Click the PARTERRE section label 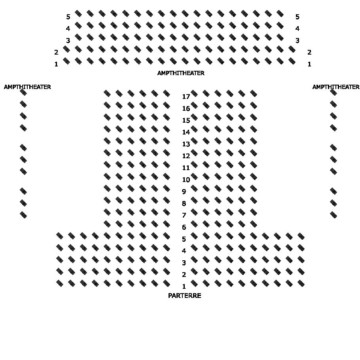184,296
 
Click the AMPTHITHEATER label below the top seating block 181,73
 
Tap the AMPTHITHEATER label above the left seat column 27,87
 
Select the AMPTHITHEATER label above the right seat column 336,87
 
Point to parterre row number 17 186,97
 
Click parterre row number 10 186,180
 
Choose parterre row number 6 184,227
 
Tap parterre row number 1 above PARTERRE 184,286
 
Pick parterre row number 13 186,144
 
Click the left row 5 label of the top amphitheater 68,17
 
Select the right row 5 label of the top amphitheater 297,17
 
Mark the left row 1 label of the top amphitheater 56,64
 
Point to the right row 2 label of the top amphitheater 309,52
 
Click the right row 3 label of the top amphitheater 297,40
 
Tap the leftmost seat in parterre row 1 60,283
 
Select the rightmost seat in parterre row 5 301,236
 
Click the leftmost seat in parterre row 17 107,93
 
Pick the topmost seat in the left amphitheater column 23,92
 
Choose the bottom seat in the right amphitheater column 333,215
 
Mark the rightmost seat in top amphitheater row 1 292,61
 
